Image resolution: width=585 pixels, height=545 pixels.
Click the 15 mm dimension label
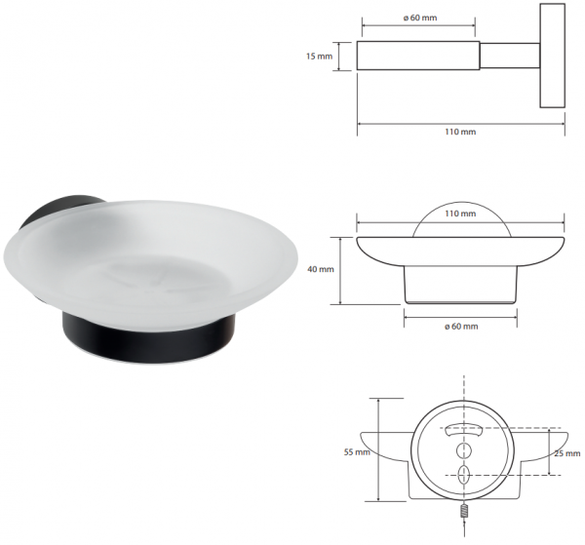pos(319,57)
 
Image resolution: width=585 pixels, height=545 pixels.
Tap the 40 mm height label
pos(321,269)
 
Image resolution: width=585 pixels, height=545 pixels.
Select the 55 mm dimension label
pos(357,452)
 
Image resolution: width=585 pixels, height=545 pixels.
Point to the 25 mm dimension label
pos(567,453)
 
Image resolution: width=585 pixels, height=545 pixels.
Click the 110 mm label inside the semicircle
pos(460,214)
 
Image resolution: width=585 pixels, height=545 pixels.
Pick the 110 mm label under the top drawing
pos(460,132)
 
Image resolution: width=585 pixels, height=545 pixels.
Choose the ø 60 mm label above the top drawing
pos(420,18)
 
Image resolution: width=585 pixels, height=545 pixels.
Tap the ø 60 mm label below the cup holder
pos(461,327)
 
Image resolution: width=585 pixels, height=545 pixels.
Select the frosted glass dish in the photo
pos(149,261)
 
